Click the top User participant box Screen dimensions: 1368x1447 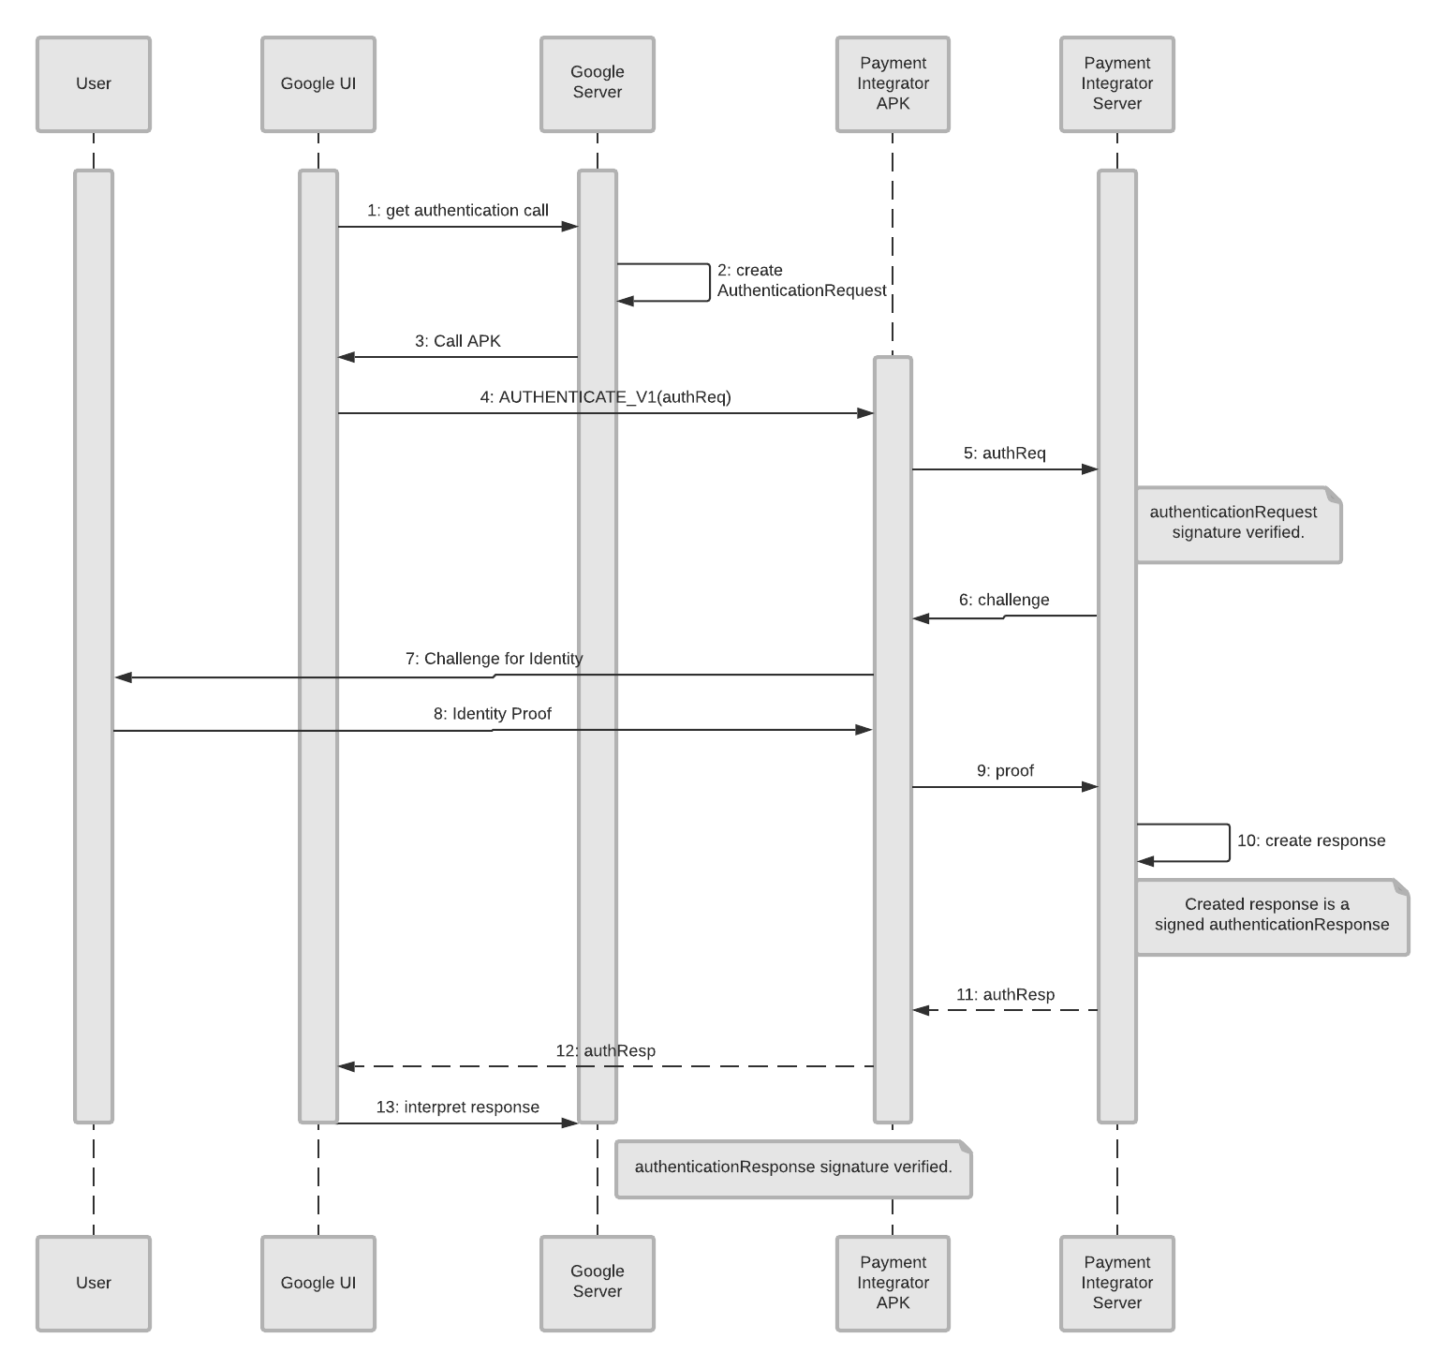[x=94, y=84]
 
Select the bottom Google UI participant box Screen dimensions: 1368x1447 [x=318, y=1283]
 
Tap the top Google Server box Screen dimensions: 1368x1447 [x=598, y=84]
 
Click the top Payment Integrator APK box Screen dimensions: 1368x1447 [x=893, y=84]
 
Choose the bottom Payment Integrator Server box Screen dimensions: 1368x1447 [x=1116, y=1283]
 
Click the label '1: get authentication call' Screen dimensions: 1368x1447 [x=458, y=211]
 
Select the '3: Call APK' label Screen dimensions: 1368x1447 [x=458, y=341]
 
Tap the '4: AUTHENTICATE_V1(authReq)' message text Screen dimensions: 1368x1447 [x=605, y=397]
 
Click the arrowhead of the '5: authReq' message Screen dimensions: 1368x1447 [x=1090, y=469]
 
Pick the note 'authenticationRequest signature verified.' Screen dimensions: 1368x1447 [x=1237, y=524]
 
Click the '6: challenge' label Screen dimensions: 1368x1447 [x=1004, y=601]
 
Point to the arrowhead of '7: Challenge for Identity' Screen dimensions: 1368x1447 [x=123, y=677]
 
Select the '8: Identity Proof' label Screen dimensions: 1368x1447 [x=493, y=714]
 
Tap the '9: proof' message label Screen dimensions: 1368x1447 [x=1005, y=771]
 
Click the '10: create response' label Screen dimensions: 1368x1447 [x=1311, y=841]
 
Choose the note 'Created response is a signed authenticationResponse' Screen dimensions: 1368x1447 [x=1271, y=915]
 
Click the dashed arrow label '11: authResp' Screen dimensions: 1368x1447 [x=1005, y=995]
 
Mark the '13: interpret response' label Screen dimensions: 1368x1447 [x=458, y=1108]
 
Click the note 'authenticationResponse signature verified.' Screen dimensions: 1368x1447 [x=793, y=1168]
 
